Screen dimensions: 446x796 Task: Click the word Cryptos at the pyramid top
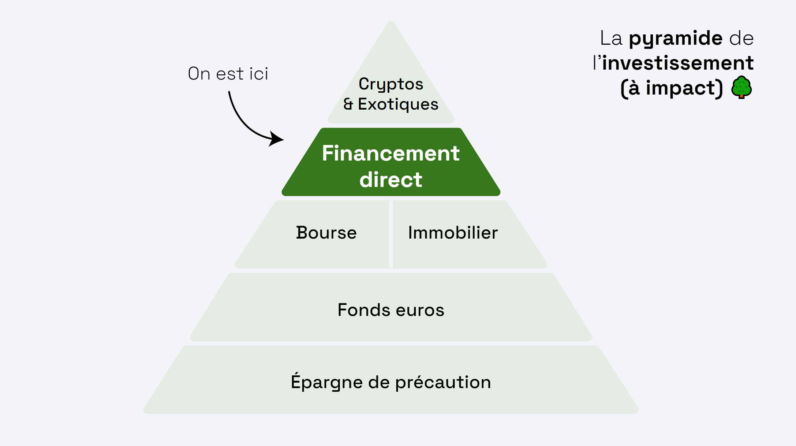(x=391, y=84)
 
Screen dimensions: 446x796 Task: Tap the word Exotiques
(x=398, y=104)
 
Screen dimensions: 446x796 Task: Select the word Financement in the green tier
(x=390, y=153)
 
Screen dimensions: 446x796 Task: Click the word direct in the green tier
(x=390, y=180)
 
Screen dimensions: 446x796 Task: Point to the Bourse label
(x=326, y=233)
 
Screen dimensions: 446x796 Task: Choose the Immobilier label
(x=453, y=233)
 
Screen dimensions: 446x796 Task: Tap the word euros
(x=420, y=310)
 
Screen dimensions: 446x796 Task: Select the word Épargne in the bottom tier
(x=327, y=382)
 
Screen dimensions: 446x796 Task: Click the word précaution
(x=443, y=382)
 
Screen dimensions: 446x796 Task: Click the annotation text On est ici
(x=228, y=74)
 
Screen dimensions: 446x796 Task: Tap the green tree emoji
(x=741, y=87)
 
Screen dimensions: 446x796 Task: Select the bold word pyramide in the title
(x=676, y=38)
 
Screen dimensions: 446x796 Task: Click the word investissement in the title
(x=677, y=63)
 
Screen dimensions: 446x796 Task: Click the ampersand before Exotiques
(x=348, y=104)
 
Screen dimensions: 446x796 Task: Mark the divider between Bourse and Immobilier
(x=391, y=234)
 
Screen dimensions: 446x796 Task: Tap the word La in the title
(x=611, y=38)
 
